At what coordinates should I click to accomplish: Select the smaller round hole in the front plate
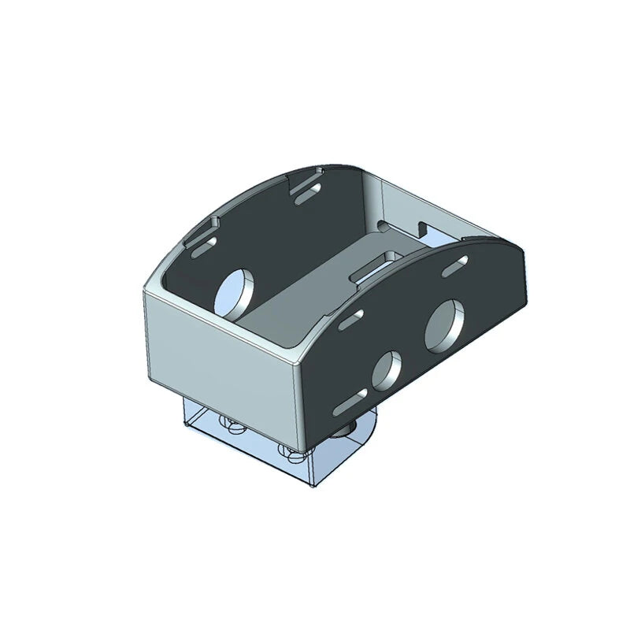pos(386,370)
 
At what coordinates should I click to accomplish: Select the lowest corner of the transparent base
pos(313,487)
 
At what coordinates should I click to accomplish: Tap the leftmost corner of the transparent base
pos(183,425)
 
